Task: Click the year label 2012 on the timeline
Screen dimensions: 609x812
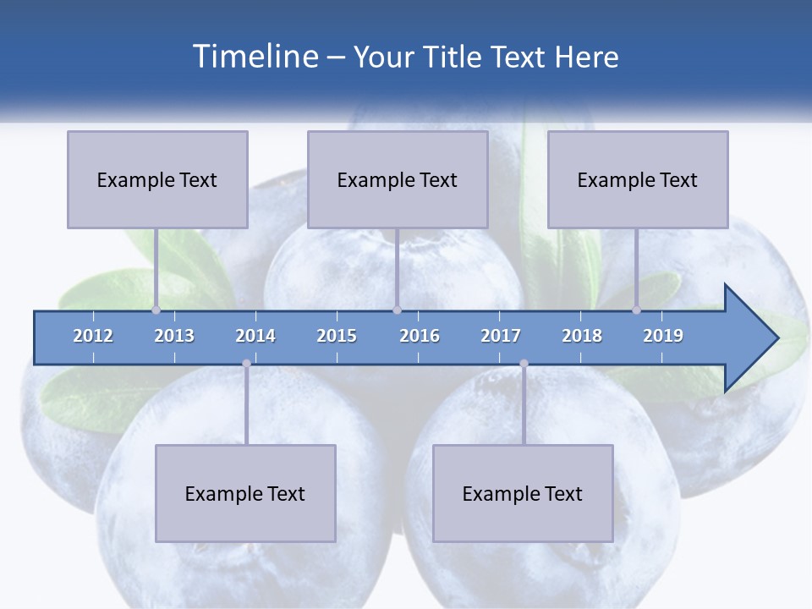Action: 93,336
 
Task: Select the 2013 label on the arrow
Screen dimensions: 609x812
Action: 174,336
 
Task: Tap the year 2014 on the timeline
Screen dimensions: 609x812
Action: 255,336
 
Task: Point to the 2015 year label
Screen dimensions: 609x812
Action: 337,336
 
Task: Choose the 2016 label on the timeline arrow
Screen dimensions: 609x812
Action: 420,336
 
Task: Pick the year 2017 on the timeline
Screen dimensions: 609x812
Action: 501,336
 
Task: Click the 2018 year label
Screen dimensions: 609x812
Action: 582,336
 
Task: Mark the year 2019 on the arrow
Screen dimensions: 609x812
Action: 663,336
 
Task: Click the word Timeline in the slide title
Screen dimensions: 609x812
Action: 254,57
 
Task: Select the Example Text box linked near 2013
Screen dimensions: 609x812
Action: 157,179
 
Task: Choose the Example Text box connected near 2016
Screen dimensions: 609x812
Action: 398,179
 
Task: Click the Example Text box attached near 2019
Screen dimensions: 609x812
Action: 638,179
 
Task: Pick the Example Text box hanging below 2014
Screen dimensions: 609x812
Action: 245,493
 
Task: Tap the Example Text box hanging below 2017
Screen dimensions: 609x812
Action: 523,493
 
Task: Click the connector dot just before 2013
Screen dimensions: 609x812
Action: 156,310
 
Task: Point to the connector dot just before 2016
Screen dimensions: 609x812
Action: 398,310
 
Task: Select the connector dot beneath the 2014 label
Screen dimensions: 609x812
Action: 246,364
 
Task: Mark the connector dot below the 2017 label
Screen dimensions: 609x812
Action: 524,364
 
